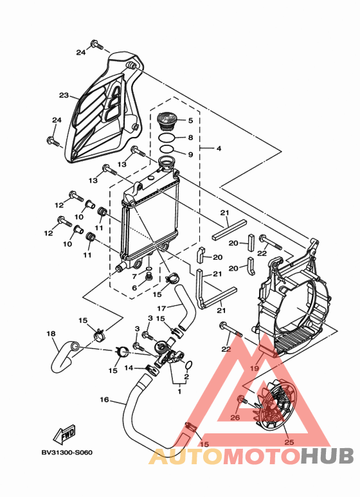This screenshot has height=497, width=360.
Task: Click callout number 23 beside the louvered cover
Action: click(x=64, y=95)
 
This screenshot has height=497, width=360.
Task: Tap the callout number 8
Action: click(x=190, y=138)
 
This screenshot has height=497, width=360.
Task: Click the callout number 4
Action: click(x=219, y=149)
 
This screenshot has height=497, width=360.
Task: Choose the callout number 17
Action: click(x=162, y=307)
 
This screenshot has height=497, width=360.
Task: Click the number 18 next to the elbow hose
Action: click(x=51, y=334)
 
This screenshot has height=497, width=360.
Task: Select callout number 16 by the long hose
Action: click(x=104, y=399)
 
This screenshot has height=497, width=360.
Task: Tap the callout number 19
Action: click(x=254, y=368)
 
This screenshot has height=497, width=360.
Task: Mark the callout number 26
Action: click(x=235, y=417)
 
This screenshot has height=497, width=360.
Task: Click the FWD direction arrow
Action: click(x=65, y=436)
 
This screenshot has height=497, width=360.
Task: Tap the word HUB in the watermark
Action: click(x=328, y=456)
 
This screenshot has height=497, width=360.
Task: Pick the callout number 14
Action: click(x=128, y=368)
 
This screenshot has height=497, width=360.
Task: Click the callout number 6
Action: click(x=135, y=287)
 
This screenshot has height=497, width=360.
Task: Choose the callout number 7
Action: click(x=135, y=276)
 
